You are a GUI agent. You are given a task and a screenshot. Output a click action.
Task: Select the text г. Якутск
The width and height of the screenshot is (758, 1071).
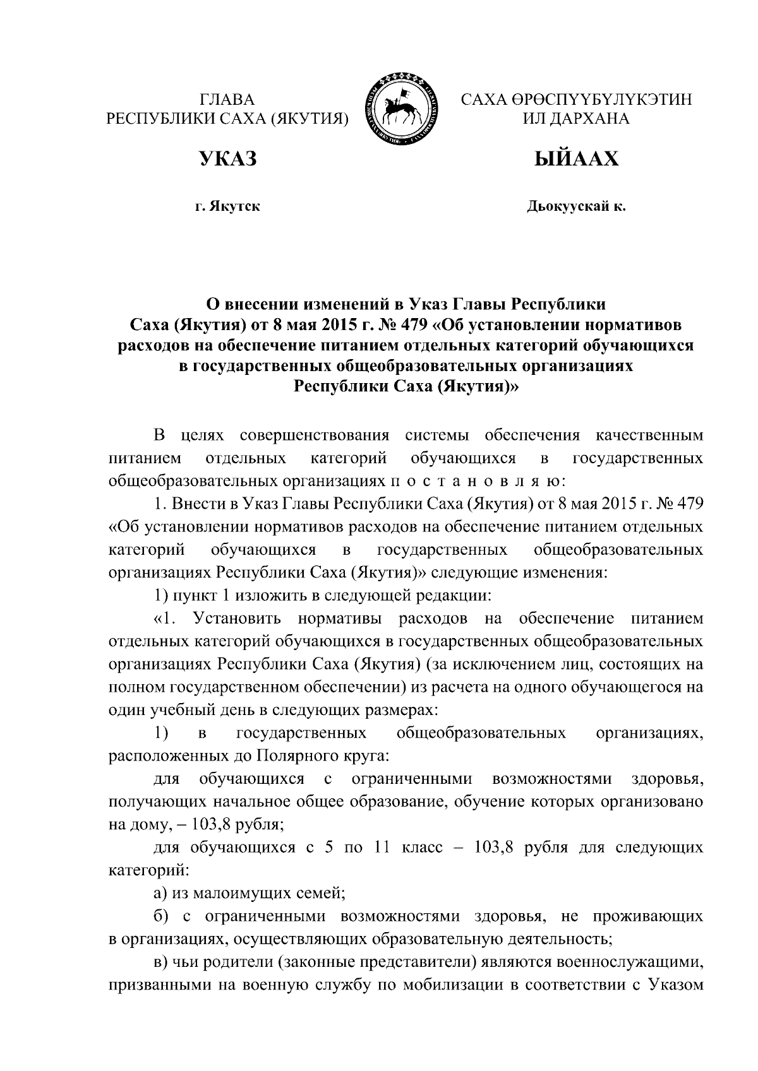coord(227,206)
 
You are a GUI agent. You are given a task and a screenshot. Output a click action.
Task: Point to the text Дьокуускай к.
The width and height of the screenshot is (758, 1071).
coord(576,206)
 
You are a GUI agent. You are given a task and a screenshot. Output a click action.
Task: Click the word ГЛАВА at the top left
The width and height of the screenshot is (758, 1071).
coord(227,99)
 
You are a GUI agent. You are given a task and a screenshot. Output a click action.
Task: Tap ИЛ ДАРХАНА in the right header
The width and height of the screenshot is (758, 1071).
coord(576,119)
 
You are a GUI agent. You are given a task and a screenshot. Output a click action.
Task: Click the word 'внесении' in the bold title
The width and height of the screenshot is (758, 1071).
coord(262,305)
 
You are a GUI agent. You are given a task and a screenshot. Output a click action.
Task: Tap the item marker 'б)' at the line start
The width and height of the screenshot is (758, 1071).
coord(161,915)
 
